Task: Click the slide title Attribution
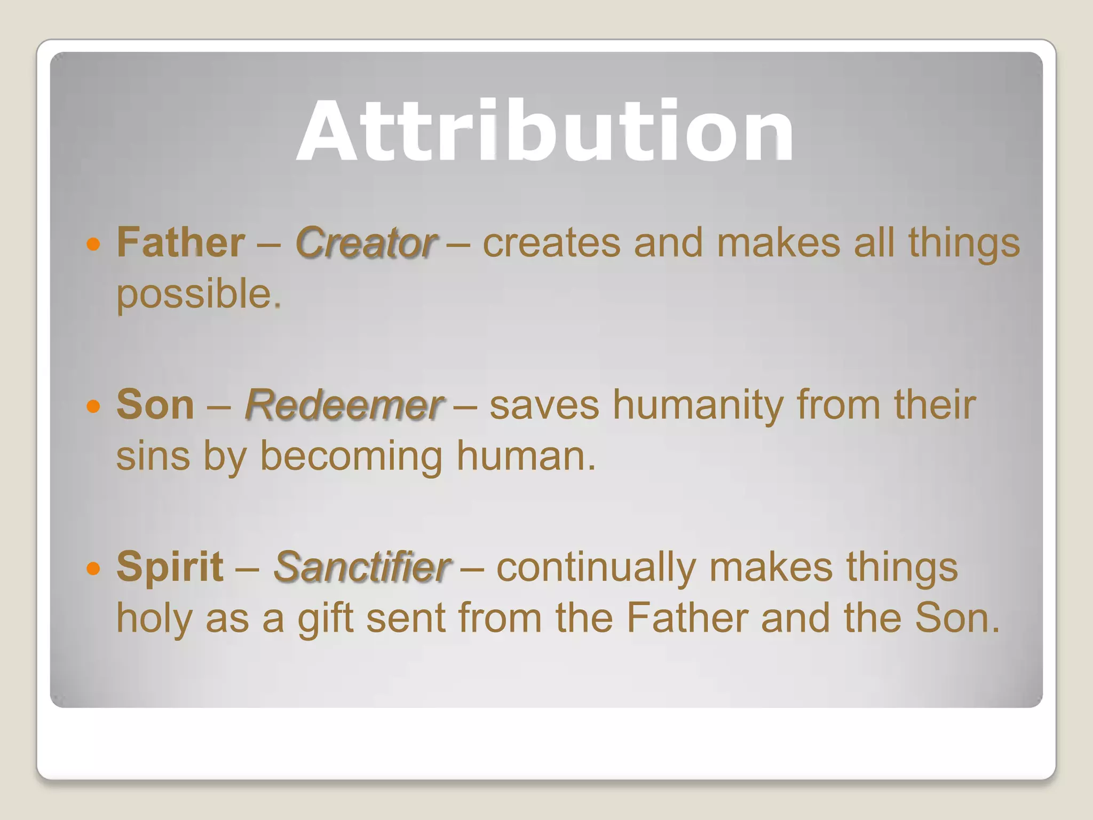point(545,131)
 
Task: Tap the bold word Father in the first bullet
point(181,242)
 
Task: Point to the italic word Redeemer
point(344,405)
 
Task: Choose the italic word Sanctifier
point(362,566)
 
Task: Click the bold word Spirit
point(170,566)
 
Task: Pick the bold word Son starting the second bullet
point(155,405)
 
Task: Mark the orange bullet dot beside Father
point(93,245)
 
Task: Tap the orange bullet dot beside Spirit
point(93,569)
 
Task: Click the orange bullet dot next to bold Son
point(93,407)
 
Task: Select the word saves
point(544,405)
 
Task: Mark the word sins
point(153,456)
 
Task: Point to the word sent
point(406,618)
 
